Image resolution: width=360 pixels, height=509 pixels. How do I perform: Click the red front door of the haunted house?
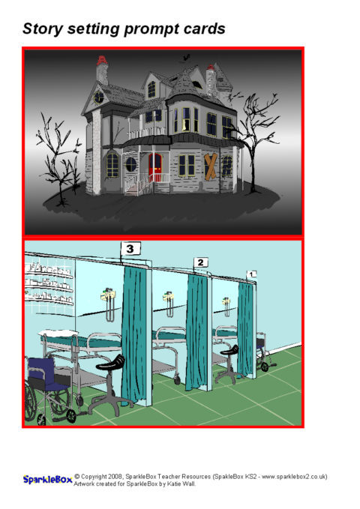[x=155, y=167]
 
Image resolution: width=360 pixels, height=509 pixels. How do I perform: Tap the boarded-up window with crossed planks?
[x=210, y=166]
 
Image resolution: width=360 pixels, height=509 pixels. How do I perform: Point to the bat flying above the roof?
[x=186, y=58]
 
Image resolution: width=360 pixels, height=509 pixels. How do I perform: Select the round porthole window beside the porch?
[x=131, y=164]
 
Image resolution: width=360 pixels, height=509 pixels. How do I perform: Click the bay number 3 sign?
[x=130, y=249]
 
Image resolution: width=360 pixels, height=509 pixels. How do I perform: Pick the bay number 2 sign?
[x=201, y=262]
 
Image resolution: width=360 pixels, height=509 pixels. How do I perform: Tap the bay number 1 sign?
[x=251, y=274]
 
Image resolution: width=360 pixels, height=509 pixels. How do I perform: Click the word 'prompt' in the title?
[x=151, y=29]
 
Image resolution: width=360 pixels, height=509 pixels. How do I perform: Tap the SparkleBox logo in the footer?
[x=47, y=480]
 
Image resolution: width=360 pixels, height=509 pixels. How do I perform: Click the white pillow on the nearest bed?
[x=58, y=334]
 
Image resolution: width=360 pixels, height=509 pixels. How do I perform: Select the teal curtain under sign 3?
[x=133, y=334]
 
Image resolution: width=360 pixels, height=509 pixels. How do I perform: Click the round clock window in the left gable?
[x=99, y=97]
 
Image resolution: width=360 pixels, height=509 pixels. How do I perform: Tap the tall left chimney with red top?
[x=102, y=70]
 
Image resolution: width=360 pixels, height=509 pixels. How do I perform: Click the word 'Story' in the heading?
[x=43, y=29]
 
